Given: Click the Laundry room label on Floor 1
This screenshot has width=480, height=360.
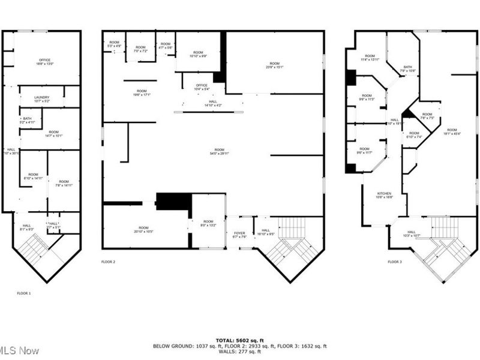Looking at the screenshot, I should tap(42, 99).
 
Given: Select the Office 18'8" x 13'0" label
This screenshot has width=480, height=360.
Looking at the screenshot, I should tap(44, 62).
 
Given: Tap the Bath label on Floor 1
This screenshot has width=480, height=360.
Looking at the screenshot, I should tap(27, 120).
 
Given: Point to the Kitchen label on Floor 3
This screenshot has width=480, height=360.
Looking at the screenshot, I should tap(384, 195).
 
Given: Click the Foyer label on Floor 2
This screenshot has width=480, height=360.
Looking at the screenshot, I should tap(239, 235).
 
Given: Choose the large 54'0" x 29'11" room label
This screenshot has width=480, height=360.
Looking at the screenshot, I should tap(220, 152).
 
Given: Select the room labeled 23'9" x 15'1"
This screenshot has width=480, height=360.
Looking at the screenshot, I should tap(274, 65).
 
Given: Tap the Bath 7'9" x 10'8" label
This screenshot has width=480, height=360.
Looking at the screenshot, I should tap(408, 69).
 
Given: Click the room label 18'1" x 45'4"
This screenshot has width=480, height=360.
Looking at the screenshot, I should tap(452, 132).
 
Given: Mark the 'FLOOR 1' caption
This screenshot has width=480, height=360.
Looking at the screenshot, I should tap(24, 293).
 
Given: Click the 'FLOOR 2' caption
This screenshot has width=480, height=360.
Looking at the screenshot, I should tap(108, 262).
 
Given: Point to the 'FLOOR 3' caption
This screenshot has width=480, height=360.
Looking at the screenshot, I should tap(394, 262).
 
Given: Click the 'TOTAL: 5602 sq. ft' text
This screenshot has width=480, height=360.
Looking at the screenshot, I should tap(239, 340).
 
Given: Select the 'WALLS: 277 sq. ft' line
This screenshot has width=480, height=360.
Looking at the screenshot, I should tap(239, 352).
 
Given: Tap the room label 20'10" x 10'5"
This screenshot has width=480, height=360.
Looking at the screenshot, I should tap(143, 229).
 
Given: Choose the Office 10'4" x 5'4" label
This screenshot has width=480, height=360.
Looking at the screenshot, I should tap(202, 87).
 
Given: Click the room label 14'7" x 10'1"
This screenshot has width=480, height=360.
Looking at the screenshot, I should tap(54, 133).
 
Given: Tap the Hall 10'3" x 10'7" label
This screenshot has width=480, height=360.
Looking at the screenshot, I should tap(412, 233).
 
